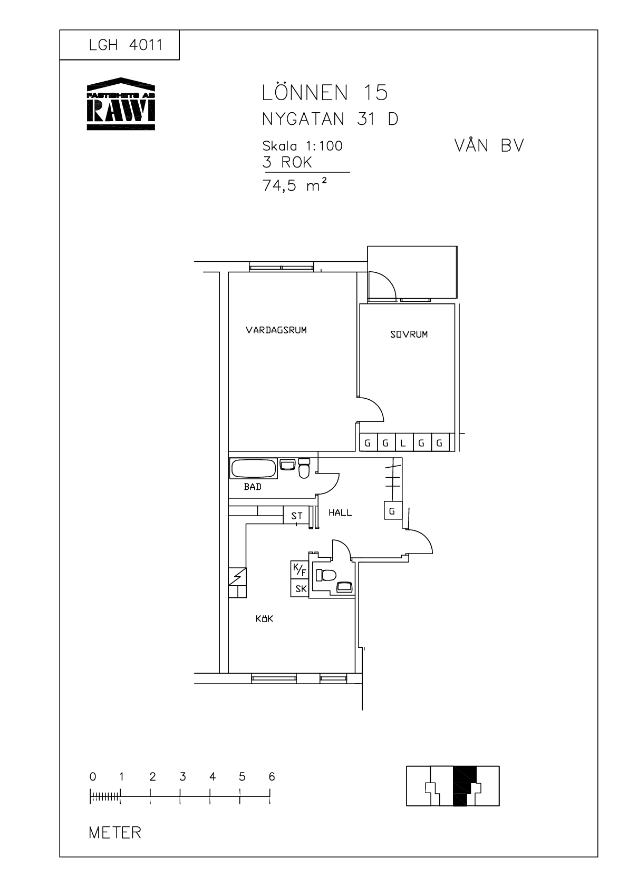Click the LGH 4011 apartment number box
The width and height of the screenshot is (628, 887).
(x=119, y=45)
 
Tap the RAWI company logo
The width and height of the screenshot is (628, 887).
(x=121, y=104)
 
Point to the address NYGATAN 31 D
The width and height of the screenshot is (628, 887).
(x=330, y=119)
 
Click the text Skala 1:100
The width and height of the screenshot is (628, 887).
(x=303, y=146)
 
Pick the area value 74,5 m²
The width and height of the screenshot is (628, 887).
(x=295, y=185)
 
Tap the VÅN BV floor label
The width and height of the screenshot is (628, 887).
(x=489, y=146)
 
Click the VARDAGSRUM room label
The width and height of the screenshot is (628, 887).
(x=276, y=330)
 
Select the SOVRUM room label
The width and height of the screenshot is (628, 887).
(x=409, y=334)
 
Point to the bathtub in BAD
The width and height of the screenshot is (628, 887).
(x=254, y=468)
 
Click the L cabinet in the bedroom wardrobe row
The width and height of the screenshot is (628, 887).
(x=403, y=442)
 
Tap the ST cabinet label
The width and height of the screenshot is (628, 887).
(x=297, y=516)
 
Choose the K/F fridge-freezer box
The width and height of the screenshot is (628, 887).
(x=299, y=570)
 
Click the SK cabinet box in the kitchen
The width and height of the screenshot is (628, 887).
(x=299, y=588)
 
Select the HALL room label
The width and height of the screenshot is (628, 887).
(x=340, y=513)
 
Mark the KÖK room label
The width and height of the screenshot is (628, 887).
(x=265, y=618)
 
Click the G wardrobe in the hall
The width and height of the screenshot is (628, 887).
(x=393, y=511)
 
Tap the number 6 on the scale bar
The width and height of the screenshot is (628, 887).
(x=272, y=777)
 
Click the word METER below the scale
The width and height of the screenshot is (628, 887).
(x=115, y=833)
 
